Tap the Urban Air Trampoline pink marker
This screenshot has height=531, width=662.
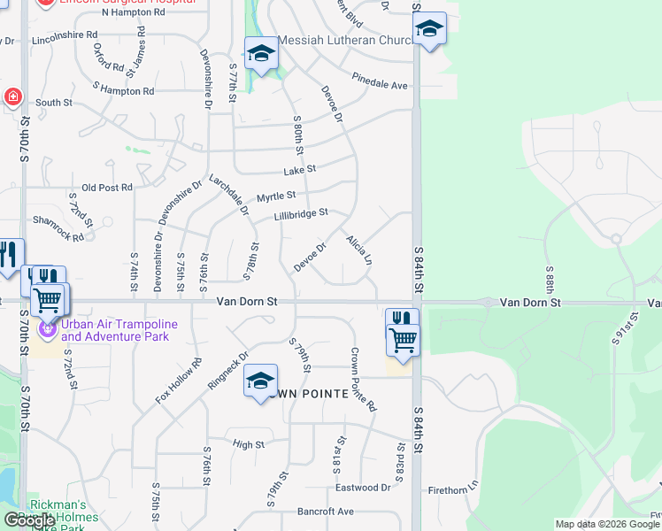pyautogui.click(x=46, y=330)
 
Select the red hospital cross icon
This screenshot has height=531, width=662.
pyautogui.click(x=12, y=97)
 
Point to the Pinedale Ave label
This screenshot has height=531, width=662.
pyautogui.click(x=380, y=85)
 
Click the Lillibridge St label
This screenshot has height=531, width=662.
pyautogui.click(x=301, y=213)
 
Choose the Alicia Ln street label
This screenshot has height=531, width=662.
pyautogui.click(x=358, y=250)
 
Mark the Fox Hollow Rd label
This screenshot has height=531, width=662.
pyautogui.click(x=180, y=381)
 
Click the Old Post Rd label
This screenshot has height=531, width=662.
pyautogui.click(x=106, y=188)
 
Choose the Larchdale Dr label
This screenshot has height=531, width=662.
pyautogui.click(x=228, y=195)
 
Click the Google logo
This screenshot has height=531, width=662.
pyautogui.click(x=29, y=520)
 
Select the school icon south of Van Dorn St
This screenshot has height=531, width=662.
pyautogui.click(x=260, y=381)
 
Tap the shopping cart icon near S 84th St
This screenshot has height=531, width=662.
pyautogui.click(x=403, y=339)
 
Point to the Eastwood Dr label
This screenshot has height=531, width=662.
pyautogui.click(x=363, y=488)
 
